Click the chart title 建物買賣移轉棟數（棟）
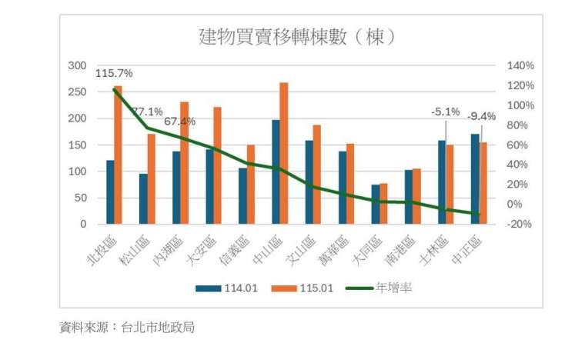click(296, 36)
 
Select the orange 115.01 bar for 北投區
click(118, 155)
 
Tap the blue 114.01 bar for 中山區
click(276, 172)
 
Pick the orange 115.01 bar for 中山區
click(284, 153)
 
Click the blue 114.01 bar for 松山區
click(143, 199)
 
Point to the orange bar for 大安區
click(217, 165)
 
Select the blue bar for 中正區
click(474, 179)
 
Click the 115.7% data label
click(115, 74)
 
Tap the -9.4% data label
click(481, 116)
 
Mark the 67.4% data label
click(179, 122)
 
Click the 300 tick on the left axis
click(77, 66)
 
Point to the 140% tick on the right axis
click(520, 66)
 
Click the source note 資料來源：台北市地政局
click(127, 328)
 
